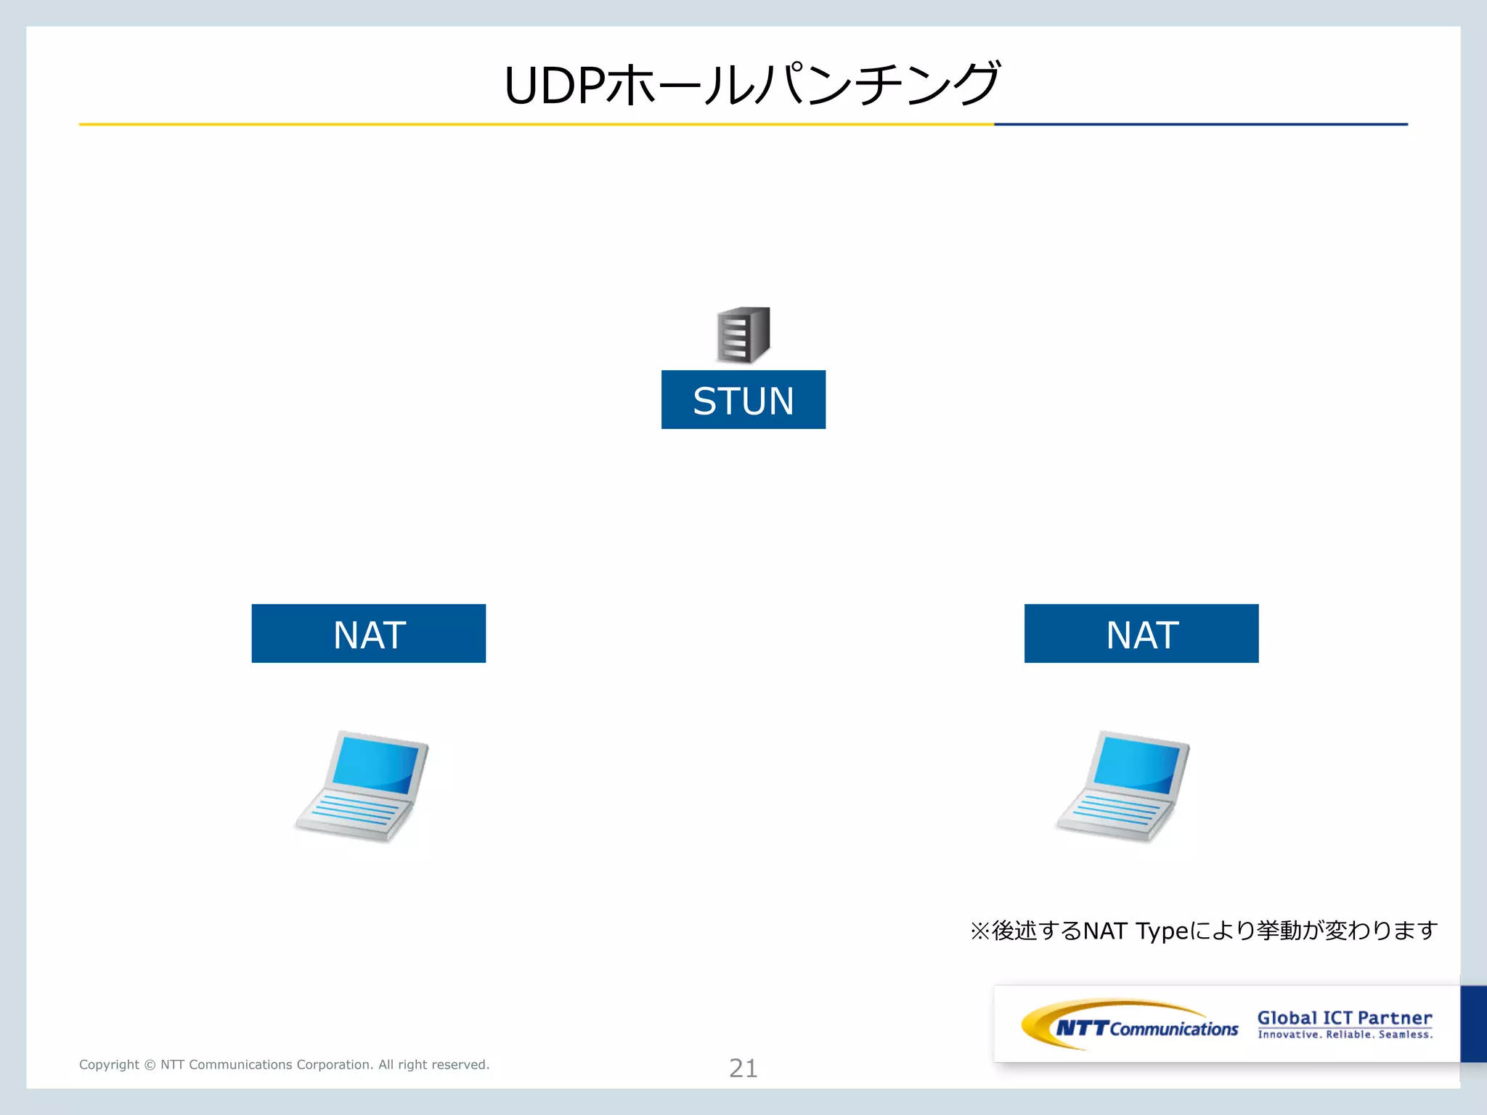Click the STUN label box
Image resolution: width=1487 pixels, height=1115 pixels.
(x=743, y=400)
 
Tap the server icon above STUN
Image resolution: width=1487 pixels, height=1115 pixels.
(x=743, y=335)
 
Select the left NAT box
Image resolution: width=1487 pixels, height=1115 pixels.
(x=368, y=634)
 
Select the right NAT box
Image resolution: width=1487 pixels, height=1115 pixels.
(x=1141, y=634)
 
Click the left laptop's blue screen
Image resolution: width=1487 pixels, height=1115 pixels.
(x=377, y=764)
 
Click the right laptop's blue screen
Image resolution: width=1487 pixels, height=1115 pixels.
(x=1138, y=764)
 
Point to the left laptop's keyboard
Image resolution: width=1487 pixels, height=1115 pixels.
(x=354, y=812)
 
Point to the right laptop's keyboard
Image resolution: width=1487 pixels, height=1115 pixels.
(x=1115, y=812)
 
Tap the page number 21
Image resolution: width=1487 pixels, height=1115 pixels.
(x=743, y=1068)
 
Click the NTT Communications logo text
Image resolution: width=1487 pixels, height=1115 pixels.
(x=1147, y=1028)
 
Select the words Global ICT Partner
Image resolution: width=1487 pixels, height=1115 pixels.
(x=1345, y=1018)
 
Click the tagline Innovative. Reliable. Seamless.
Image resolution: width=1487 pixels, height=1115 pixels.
(x=1345, y=1034)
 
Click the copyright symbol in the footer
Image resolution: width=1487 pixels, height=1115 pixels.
(x=150, y=1065)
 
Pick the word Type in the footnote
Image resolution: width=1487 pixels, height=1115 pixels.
(x=1162, y=931)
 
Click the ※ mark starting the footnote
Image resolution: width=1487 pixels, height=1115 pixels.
(x=979, y=931)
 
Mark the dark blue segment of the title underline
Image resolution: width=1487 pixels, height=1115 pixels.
(x=1200, y=124)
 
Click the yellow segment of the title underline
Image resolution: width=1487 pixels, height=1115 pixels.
(x=536, y=124)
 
